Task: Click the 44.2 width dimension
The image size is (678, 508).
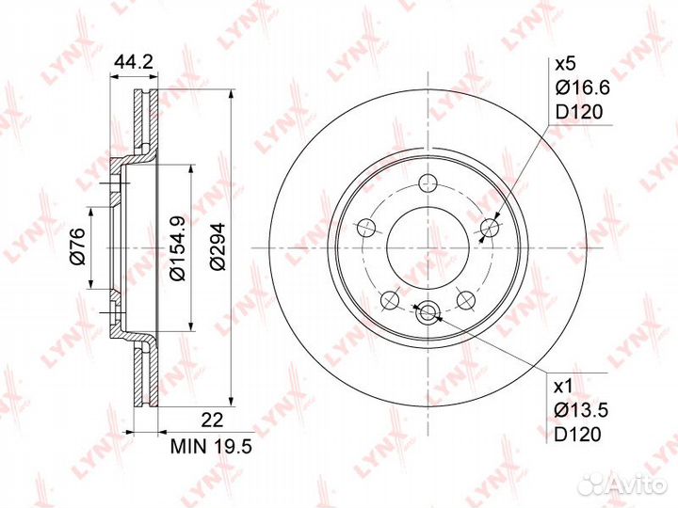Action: (134, 63)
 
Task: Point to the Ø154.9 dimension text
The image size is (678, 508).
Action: (178, 247)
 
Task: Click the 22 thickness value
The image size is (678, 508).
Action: (213, 420)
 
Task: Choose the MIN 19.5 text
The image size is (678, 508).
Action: (211, 446)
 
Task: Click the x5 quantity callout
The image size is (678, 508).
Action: (565, 64)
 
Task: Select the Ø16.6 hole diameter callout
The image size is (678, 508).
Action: (583, 88)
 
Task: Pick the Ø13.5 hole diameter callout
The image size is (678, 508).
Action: (582, 410)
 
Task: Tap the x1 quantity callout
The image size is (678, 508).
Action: (563, 387)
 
